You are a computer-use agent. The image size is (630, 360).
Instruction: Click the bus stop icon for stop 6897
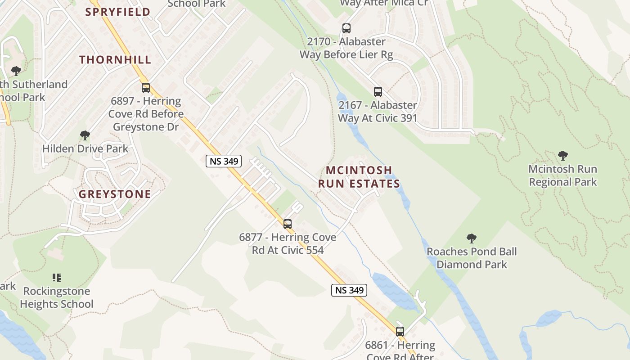click(145, 88)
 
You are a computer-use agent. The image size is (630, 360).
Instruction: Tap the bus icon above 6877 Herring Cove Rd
click(288, 224)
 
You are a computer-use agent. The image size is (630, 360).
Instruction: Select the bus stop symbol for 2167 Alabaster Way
click(378, 92)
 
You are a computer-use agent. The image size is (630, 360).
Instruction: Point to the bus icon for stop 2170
click(346, 28)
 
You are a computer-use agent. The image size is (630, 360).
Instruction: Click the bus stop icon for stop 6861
click(400, 332)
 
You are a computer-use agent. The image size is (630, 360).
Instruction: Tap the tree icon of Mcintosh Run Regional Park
click(562, 156)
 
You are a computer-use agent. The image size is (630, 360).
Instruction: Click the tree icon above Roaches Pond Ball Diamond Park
click(472, 238)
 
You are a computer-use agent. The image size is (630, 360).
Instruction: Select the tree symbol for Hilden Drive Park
click(85, 135)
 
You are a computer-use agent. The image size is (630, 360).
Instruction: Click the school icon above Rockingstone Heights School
click(57, 278)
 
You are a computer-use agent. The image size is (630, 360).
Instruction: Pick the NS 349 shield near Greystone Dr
click(224, 161)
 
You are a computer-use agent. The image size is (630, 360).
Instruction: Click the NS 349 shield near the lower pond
click(349, 290)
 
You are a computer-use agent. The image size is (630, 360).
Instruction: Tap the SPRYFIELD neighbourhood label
click(118, 12)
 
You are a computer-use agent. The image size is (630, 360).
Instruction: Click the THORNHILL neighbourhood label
click(115, 59)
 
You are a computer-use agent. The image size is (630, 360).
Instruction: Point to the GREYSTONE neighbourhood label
click(115, 194)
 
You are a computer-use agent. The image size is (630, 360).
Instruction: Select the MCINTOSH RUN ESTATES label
click(359, 177)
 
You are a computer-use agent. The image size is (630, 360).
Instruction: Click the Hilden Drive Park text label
click(85, 148)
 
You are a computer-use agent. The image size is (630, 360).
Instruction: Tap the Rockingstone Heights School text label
click(57, 297)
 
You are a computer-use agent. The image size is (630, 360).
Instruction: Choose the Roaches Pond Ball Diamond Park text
click(472, 258)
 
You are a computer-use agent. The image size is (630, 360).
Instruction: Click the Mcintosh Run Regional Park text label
click(562, 175)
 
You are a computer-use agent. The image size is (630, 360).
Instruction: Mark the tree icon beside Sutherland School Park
click(16, 71)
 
